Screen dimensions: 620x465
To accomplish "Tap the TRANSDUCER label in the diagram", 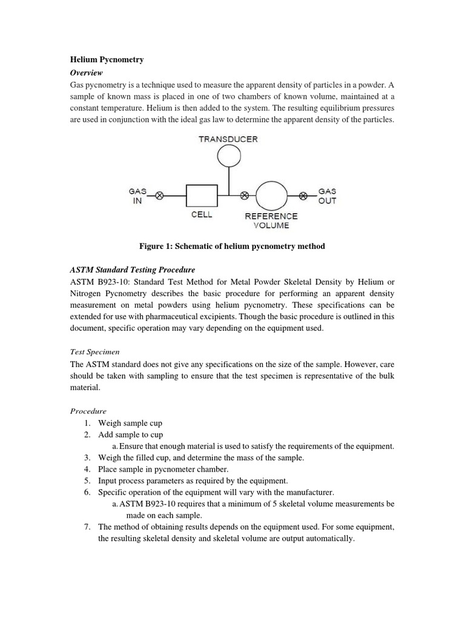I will coord(228,139).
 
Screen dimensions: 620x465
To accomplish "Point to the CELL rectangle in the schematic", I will coord(202,196).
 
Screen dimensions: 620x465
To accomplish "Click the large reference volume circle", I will coord(271,196).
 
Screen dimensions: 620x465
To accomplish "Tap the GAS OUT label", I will coord(327,196).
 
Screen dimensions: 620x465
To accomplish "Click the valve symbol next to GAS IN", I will coord(160,196).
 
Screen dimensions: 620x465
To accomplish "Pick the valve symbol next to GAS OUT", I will coord(304,196).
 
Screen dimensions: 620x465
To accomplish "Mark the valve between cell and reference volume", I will coord(245,196).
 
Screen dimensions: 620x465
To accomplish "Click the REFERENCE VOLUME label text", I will coord(271,220).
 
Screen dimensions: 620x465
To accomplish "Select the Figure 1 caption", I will coord(232,246).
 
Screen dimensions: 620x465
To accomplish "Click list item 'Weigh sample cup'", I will coord(130,423).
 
